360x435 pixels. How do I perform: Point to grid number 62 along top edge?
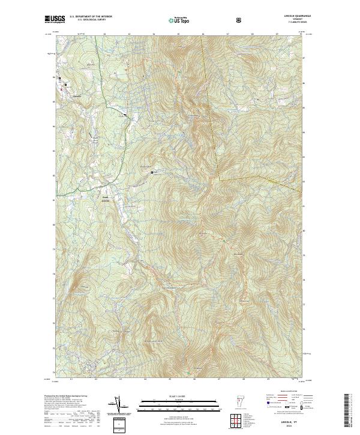pos(104,34)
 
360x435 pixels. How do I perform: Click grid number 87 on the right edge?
pos(304,58)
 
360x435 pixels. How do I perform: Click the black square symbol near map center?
pos(152,173)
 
